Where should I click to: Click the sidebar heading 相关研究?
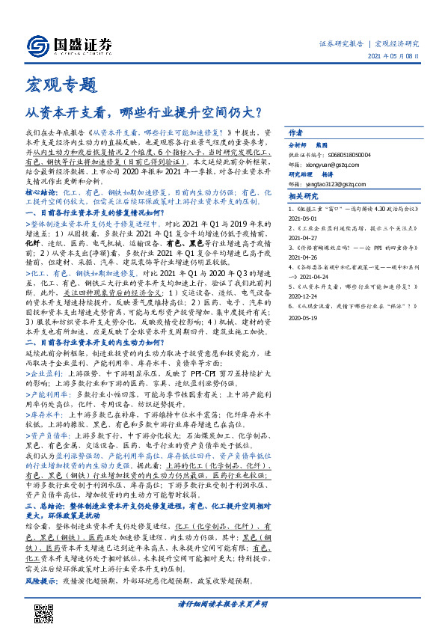[x=304, y=197]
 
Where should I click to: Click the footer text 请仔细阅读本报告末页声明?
[x=222, y=603]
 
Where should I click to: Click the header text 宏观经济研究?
[x=396, y=43]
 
